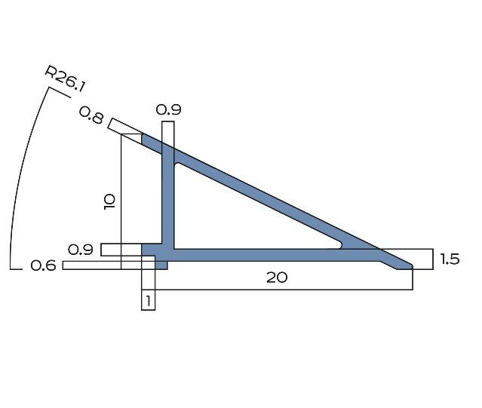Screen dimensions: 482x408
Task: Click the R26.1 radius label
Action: coord(65,78)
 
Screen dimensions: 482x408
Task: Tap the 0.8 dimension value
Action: coord(91,115)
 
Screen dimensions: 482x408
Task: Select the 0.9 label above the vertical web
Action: coord(168,109)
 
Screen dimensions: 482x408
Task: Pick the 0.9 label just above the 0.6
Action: coord(80,250)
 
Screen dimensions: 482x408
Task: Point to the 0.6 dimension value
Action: coord(43,265)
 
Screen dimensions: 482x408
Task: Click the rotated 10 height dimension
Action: coord(109,202)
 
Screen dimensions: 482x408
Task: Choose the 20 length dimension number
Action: coord(277,278)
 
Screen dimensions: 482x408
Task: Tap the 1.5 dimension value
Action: coord(450,259)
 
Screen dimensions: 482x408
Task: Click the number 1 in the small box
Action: coord(149,301)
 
